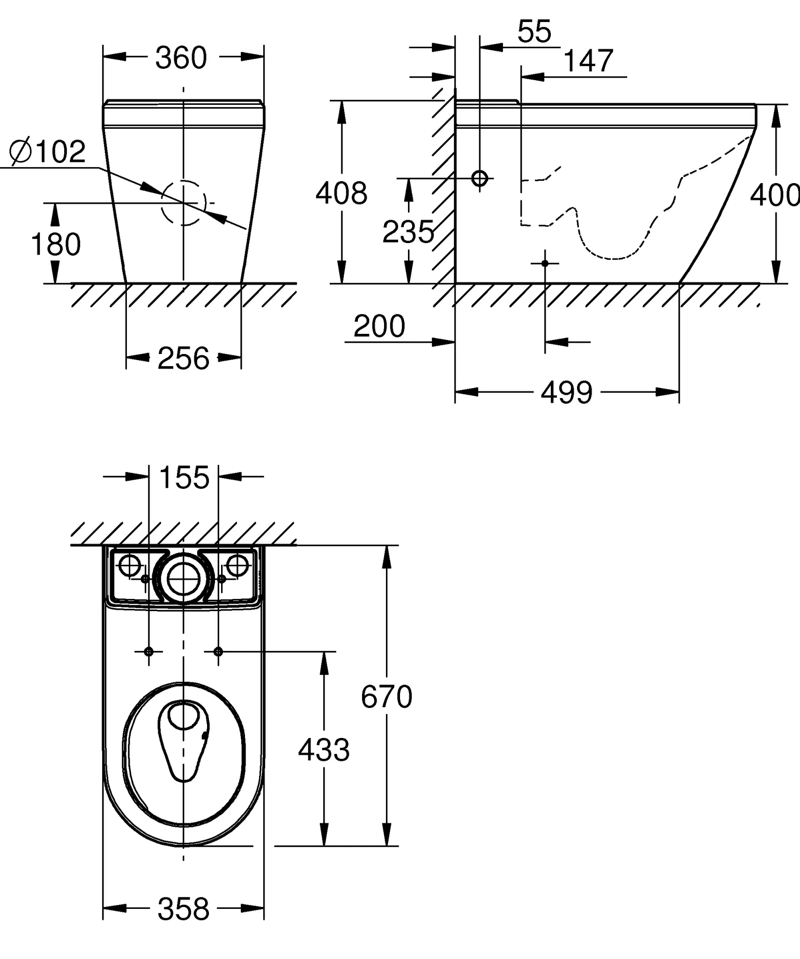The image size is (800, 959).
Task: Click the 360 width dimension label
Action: (x=181, y=58)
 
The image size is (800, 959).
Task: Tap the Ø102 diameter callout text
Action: (x=48, y=152)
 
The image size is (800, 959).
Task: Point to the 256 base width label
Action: (x=183, y=358)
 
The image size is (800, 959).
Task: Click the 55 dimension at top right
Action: (x=534, y=31)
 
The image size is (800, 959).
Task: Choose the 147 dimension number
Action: (x=588, y=61)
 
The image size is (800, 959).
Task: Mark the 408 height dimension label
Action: (x=341, y=193)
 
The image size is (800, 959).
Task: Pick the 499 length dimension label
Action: (x=567, y=392)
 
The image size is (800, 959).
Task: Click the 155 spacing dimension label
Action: (x=185, y=478)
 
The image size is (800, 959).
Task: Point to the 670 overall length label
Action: (x=386, y=696)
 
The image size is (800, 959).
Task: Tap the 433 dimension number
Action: (x=324, y=750)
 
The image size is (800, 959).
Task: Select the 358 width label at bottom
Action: (x=183, y=909)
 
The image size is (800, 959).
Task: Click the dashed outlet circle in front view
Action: (x=162, y=203)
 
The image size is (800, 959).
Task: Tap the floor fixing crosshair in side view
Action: (x=545, y=264)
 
